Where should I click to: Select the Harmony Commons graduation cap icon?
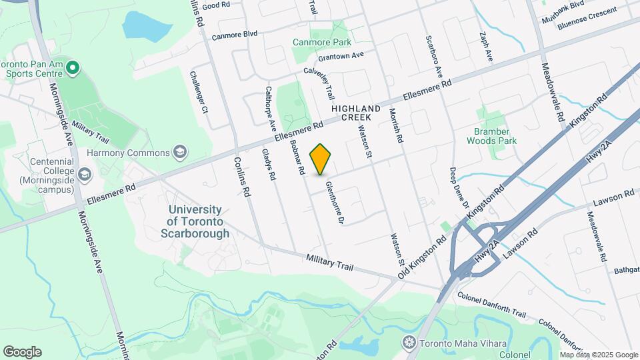point(179,153)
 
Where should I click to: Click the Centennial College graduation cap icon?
point(85,175)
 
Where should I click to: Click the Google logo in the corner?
point(22,351)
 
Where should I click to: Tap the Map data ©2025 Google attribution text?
point(599,355)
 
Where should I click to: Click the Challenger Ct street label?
point(199,101)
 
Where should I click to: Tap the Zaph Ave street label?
point(485,47)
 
